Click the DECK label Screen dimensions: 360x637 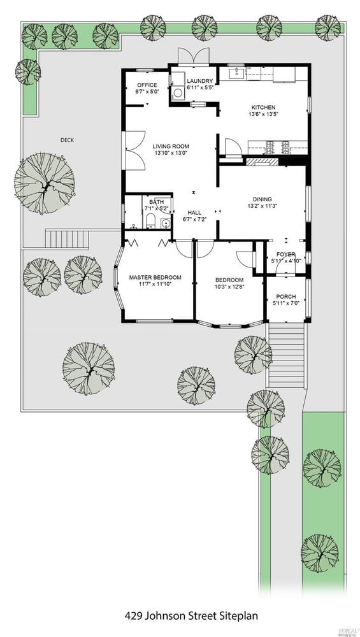[x=67, y=140]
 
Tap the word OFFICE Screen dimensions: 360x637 [x=147, y=85]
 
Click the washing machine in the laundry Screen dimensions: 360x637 [x=178, y=92]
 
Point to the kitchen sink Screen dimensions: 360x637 [x=235, y=73]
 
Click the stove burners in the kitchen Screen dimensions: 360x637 [x=278, y=148]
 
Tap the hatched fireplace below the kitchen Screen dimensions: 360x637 [x=262, y=162]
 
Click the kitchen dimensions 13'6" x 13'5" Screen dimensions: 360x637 [x=263, y=114]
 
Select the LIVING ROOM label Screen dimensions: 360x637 [x=171, y=147]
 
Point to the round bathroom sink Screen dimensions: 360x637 [x=165, y=222]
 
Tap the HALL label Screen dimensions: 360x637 [x=194, y=213]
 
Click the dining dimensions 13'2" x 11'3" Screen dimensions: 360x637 [x=262, y=206]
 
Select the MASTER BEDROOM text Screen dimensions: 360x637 [x=155, y=278]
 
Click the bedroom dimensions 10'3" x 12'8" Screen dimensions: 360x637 [x=229, y=287]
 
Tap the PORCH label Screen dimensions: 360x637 [x=285, y=297]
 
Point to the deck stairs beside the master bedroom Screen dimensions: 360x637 [x=67, y=239]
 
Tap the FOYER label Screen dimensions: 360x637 [x=286, y=254]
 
